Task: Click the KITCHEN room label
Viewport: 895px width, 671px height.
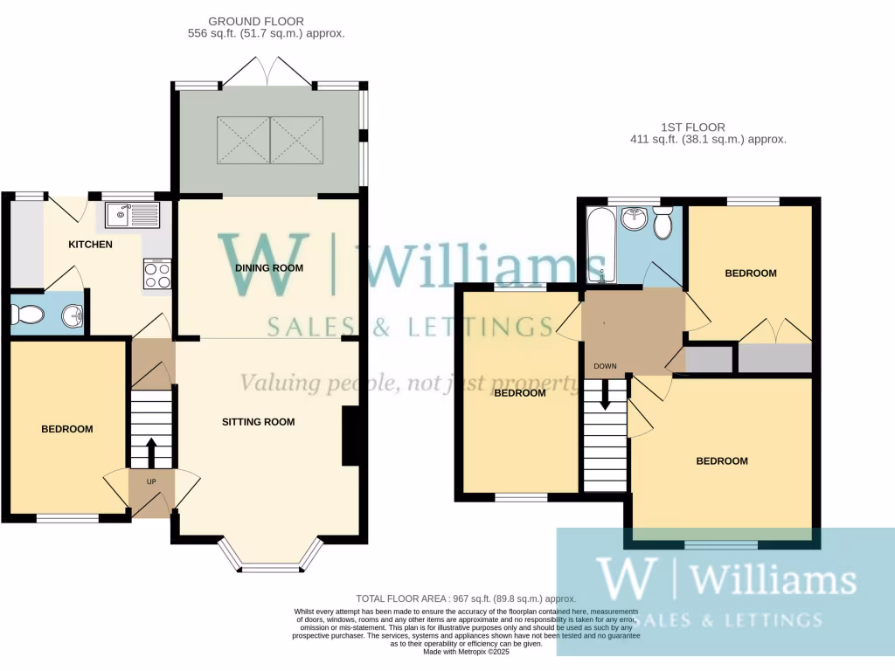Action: click(x=90, y=244)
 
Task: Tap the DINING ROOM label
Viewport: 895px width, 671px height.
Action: click(x=269, y=268)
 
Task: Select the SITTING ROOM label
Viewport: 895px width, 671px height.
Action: click(x=258, y=422)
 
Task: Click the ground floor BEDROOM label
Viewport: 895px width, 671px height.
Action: click(x=67, y=429)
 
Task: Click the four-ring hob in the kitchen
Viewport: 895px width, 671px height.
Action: click(x=156, y=275)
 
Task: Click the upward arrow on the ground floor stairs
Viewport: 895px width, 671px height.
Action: click(x=150, y=453)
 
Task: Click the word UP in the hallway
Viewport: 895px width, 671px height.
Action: click(x=151, y=482)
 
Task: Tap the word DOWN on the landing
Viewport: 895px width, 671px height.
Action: click(x=605, y=366)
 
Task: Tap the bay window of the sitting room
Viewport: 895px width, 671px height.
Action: click(x=269, y=559)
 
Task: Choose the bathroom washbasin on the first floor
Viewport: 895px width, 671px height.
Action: click(x=634, y=219)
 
